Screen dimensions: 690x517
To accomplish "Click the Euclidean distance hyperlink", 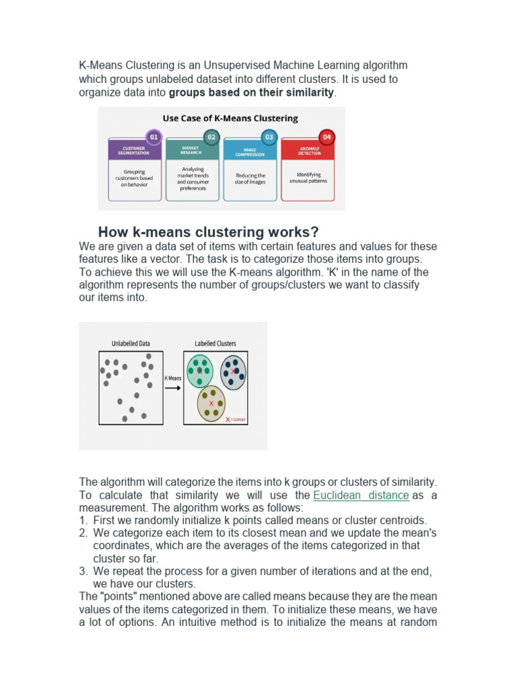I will pyautogui.click(x=361, y=495).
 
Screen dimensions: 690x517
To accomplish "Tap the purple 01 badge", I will pyautogui.click(x=153, y=137).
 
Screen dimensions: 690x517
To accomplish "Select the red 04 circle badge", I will pyautogui.click(x=326, y=137).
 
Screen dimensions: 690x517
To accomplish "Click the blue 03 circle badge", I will pyautogui.click(x=269, y=137).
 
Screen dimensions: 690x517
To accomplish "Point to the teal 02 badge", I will pyautogui.click(x=211, y=137).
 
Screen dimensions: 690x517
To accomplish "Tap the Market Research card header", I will pyautogui.click(x=191, y=150).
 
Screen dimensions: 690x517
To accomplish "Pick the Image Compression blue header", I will pyautogui.click(x=249, y=150).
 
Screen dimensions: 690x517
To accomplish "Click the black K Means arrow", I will pyautogui.click(x=173, y=388).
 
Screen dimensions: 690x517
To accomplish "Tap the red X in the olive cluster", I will pyautogui.click(x=211, y=404).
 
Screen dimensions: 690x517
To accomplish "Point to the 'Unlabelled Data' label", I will pyautogui.click(x=130, y=344).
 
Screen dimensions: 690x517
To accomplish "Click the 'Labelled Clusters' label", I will pyautogui.click(x=215, y=344).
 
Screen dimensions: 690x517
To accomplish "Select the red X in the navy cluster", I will pyautogui.click(x=233, y=372).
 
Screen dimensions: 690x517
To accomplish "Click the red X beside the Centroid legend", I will pyautogui.click(x=228, y=419).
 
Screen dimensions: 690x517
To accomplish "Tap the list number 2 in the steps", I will pyautogui.click(x=83, y=533).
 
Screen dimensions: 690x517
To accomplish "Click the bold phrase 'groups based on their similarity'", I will pyautogui.click(x=251, y=92).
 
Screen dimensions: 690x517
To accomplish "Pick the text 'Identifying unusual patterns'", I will pyautogui.click(x=308, y=178).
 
